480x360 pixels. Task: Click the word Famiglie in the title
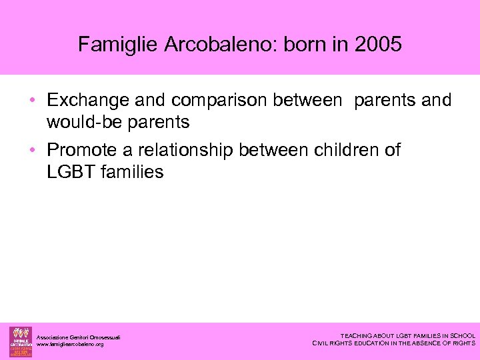pyautogui.click(x=116, y=45)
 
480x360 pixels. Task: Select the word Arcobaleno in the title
pyautogui.click(x=212, y=45)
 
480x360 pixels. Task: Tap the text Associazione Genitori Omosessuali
pyautogui.click(x=79, y=337)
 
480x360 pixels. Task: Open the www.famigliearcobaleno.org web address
pyautogui.click(x=71, y=345)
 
